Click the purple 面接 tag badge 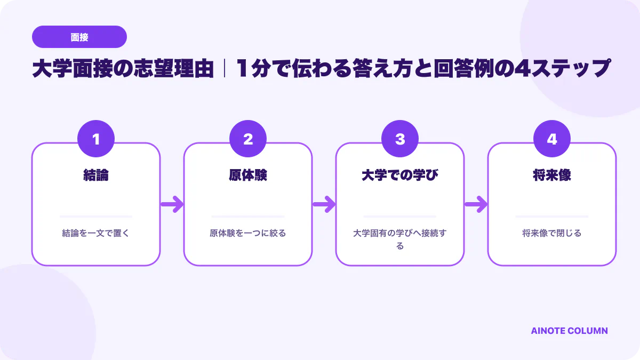tap(79, 37)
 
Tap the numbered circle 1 tap(96, 139)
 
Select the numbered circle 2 tap(248, 139)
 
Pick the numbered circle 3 tap(400, 139)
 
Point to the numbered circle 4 tap(552, 139)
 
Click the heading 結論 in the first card tap(96, 175)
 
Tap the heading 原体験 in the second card tap(248, 175)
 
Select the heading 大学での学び tap(400, 175)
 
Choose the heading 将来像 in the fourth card tap(552, 175)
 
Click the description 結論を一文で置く tap(96, 233)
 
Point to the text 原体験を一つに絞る tap(248, 233)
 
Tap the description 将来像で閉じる tap(552, 233)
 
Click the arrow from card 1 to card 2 tap(172, 204)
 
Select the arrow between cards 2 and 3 tap(324, 204)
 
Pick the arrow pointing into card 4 tap(476, 204)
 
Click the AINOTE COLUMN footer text tap(570, 331)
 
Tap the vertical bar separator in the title tap(225, 68)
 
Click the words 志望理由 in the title tap(173, 69)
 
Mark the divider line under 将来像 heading tap(552, 217)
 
